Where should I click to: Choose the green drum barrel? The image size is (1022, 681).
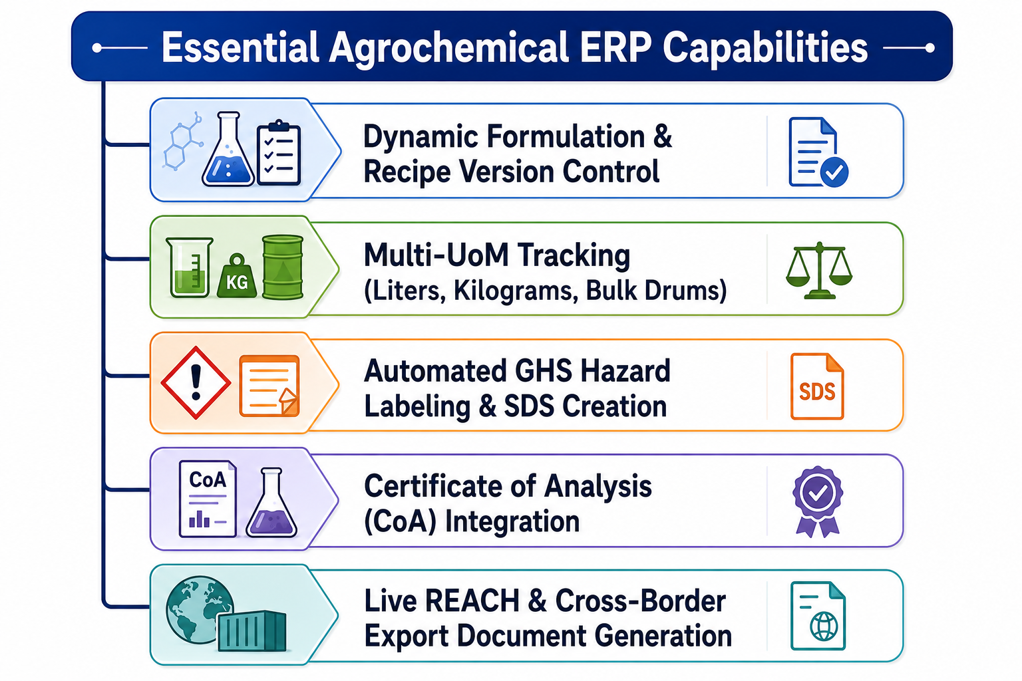(283, 267)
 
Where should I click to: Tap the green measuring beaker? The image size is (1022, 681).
(190, 267)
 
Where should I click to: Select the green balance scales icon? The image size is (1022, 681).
(820, 271)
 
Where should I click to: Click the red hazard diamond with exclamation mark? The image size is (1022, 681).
(196, 382)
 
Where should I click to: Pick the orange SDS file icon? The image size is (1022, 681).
(817, 386)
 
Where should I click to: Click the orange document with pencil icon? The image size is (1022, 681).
(269, 386)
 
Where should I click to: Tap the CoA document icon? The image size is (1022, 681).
(208, 499)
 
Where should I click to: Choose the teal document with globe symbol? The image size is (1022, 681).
(818, 616)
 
